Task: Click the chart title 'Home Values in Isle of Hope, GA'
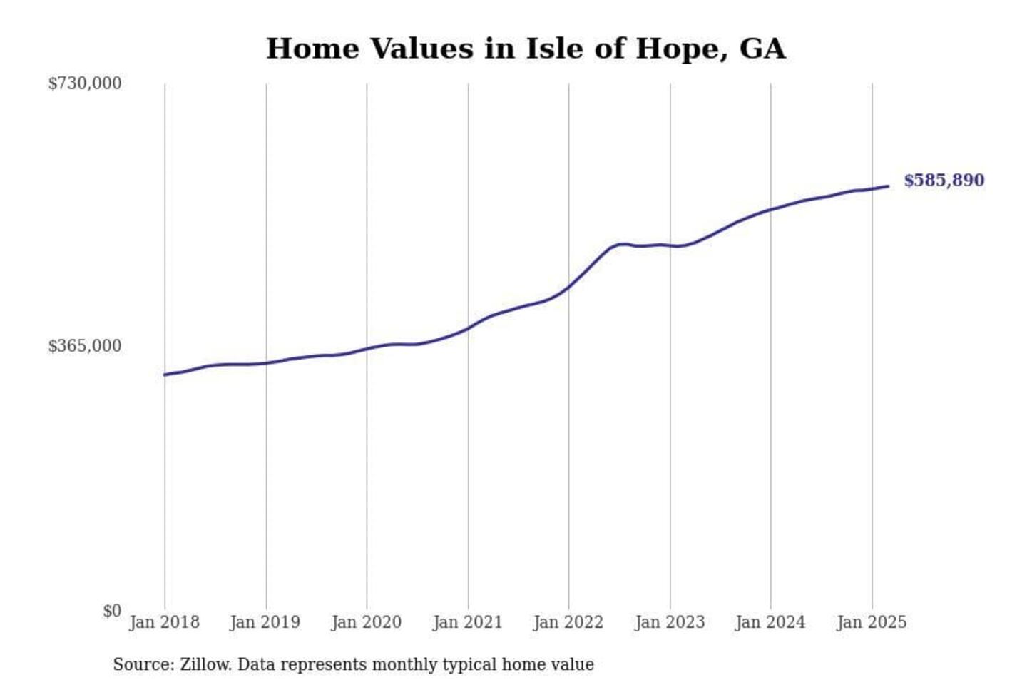pos(526,49)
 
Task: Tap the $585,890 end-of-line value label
pos(944,180)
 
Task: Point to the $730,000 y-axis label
pos(85,83)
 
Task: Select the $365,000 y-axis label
pos(85,346)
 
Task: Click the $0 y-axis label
pos(112,611)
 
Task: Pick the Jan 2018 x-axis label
pos(165,622)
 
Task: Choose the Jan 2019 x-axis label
pos(265,622)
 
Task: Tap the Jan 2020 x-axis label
pos(367,622)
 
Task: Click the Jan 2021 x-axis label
pos(468,622)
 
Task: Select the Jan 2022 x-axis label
pos(568,622)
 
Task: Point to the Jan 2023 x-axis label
pos(670,622)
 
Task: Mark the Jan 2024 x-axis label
pos(770,622)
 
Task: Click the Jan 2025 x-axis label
pos(872,622)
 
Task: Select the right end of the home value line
pos(888,186)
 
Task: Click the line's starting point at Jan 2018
pos(165,375)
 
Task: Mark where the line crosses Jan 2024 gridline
pos(770,210)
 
